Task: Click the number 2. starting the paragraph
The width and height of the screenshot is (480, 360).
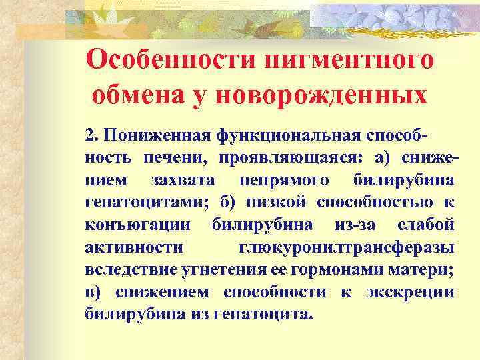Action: [x=92, y=137]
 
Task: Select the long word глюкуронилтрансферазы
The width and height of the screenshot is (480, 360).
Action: [x=347, y=247]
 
